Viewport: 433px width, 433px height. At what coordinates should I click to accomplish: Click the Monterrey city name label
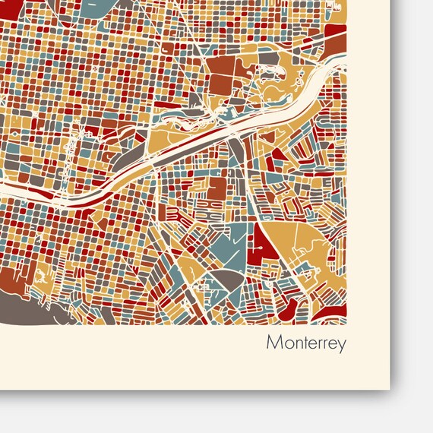tap(305, 343)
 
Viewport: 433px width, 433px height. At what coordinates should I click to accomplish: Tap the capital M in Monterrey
tap(273, 343)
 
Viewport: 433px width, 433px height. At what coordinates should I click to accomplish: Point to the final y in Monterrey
tap(342, 345)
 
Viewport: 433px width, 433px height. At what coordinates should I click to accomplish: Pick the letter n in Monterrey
tap(292, 344)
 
